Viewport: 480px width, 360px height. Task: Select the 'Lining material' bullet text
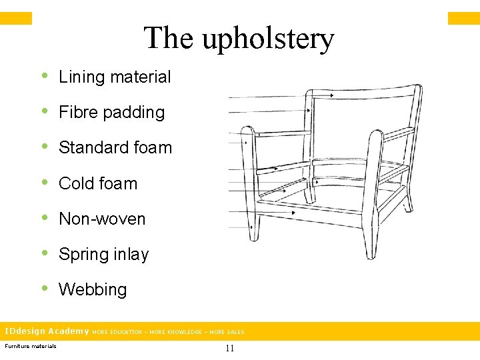point(115,77)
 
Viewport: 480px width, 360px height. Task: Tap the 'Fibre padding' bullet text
point(111,112)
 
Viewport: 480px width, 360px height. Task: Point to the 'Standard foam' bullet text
point(115,147)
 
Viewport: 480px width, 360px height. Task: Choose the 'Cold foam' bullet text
point(98,183)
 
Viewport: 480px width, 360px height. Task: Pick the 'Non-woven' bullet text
point(102,219)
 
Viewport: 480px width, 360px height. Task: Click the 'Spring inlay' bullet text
point(103,254)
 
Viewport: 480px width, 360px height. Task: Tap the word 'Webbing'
point(93,289)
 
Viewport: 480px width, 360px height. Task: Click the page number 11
point(230,348)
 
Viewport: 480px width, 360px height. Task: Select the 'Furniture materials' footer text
point(31,345)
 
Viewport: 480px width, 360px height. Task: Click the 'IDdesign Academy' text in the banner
point(47,331)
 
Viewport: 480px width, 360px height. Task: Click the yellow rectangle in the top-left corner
point(15,18)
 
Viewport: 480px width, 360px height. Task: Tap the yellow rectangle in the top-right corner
point(463,18)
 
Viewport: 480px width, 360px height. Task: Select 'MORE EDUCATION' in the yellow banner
point(117,332)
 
